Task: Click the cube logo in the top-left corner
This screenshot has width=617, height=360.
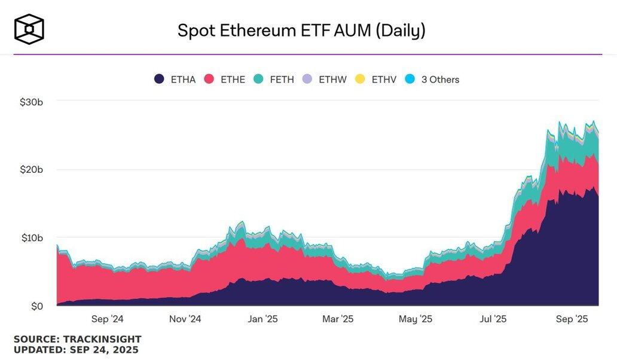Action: tap(29, 29)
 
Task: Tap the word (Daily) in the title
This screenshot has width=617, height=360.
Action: tap(400, 30)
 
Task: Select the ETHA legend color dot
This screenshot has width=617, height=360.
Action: tap(159, 79)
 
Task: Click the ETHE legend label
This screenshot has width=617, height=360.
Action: tap(233, 80)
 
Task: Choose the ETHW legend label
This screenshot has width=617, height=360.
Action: tap(332, 80)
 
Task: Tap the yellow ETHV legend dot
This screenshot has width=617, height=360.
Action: tap(361, 79)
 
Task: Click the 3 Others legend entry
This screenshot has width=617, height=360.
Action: tap(440, 80)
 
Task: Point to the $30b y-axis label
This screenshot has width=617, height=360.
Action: tap(31, 102)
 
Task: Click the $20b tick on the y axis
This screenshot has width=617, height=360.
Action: tap(31, 170)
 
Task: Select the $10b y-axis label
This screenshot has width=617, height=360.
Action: tap(31, 238)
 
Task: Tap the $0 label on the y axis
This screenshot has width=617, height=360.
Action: tap(36, 307)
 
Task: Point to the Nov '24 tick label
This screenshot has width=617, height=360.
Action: tap(185, 319)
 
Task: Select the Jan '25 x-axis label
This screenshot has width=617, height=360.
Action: tap(262, 319)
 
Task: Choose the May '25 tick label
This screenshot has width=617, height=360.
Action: tap(416, 319)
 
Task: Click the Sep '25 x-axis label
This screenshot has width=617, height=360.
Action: tap(573, 319)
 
